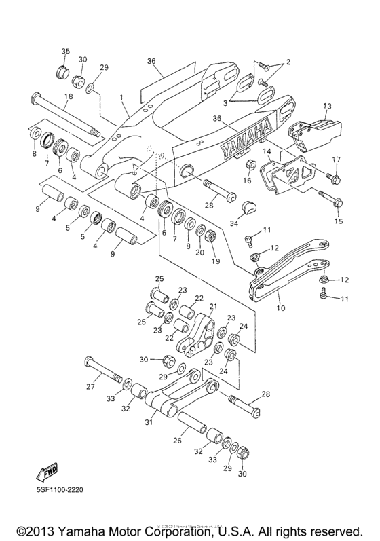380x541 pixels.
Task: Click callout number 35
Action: [66, 52]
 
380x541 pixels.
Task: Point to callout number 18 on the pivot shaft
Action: [67, 98]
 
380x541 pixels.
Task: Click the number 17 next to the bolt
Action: [335, 160]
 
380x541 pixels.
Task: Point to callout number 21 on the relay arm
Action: [212, 307]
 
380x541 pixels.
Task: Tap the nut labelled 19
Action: [210, 237]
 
